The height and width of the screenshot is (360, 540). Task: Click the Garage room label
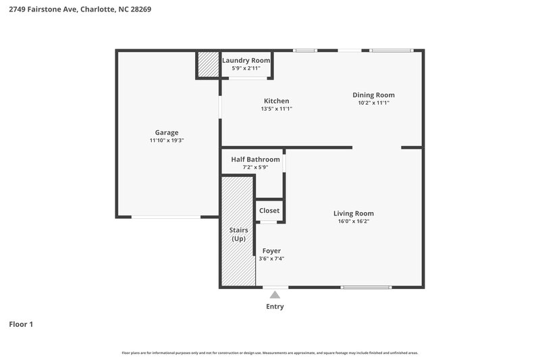coord(167,132)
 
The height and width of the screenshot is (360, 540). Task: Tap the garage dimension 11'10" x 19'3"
coord(167,140)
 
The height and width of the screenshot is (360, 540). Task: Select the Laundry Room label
coord(246,60)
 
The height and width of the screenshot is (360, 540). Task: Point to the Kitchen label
coord(276,101)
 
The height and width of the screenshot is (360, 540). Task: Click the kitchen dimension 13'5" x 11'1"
coord(276,109)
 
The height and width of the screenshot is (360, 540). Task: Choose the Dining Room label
coord(373,95)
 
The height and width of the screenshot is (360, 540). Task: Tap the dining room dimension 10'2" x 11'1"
coord(373,103)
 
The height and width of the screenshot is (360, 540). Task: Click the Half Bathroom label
coord(255,159)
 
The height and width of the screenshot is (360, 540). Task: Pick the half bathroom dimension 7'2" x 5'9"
coord(255,167)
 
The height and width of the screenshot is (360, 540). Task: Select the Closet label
coord(269,211)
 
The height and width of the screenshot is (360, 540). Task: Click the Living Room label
coord(354,213)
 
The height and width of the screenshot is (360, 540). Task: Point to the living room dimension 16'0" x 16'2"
coord(354,222)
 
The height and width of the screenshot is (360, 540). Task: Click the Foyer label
coord(271,251)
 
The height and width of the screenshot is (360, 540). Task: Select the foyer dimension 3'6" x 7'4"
coord(271,259)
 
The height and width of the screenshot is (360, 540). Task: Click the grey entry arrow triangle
coord(275,294)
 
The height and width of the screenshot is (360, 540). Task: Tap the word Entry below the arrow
coord(275,307)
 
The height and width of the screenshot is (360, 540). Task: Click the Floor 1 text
coord(21,324)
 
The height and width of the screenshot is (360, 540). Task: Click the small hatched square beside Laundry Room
coord(208,64)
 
